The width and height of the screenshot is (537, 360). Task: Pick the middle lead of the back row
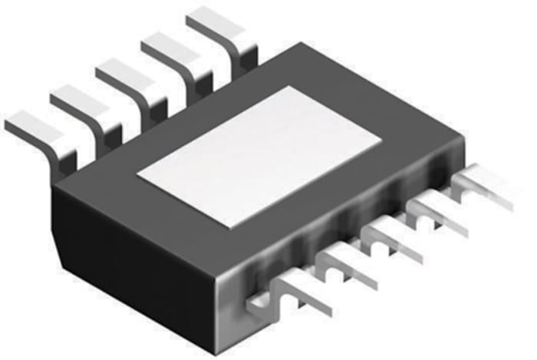pyautogui.click(x=130, y=77)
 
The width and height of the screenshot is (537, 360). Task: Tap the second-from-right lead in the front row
pyautogui.click(x=437, y=214)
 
